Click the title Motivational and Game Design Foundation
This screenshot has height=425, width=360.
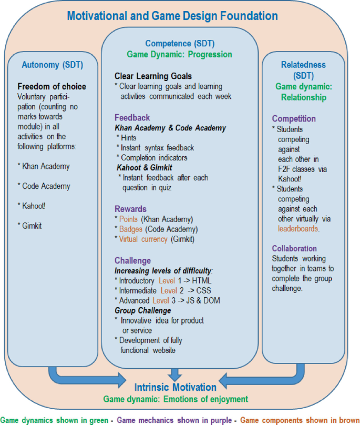(172, 16)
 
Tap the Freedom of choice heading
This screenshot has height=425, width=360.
(52, 86)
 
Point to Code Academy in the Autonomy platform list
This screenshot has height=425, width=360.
(46, 186)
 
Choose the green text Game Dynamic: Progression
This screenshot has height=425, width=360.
(179, 54)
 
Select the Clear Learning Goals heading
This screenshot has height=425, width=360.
(153, 76)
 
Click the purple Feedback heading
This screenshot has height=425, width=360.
(132, 118)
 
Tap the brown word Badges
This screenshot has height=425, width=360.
(130, 229)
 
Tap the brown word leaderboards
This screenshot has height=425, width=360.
(300, 229)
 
